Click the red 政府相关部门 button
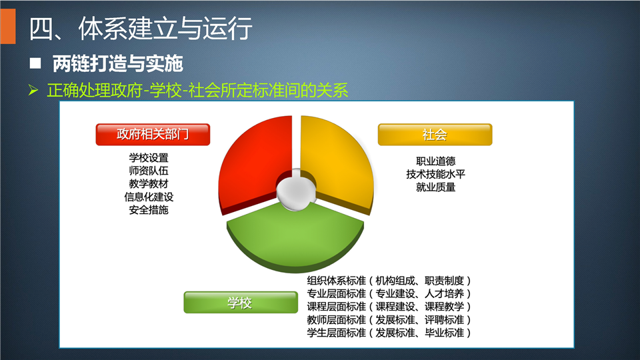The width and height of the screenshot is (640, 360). point(153,134)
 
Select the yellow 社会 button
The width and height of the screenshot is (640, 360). point(435,134)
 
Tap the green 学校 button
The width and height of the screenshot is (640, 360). point(241,303)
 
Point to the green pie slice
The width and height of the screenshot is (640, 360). point(295,241)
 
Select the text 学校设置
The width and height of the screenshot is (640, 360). point(149,157)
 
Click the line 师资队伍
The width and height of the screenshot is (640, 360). point(149,171)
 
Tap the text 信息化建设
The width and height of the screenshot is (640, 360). point(149,197)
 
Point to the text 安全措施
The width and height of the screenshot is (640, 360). point(149,210)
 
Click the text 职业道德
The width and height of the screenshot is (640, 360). point(435,161)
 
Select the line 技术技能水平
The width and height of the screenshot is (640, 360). point(435,174)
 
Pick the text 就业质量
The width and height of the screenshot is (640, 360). point(435,187)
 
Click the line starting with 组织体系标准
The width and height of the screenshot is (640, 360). point(389,281)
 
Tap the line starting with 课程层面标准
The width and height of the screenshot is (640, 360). point(389,307)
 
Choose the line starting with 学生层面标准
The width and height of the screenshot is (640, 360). point(389,333)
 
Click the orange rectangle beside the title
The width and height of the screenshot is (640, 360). point(8,26)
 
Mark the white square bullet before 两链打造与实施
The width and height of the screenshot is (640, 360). point(35,63)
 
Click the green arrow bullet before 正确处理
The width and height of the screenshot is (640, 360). point(33,90)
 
